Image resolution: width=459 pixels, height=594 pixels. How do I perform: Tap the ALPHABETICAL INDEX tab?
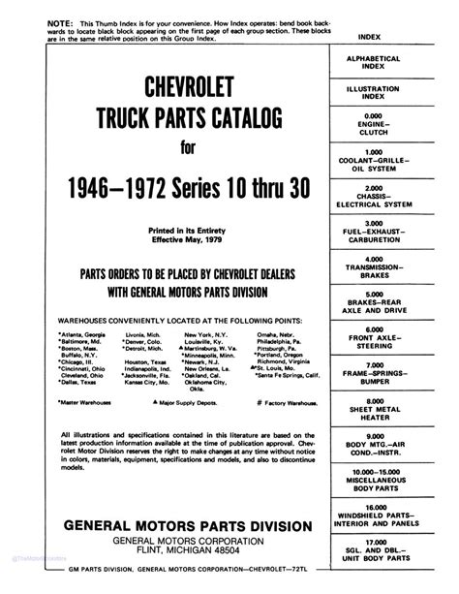(402, 62)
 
